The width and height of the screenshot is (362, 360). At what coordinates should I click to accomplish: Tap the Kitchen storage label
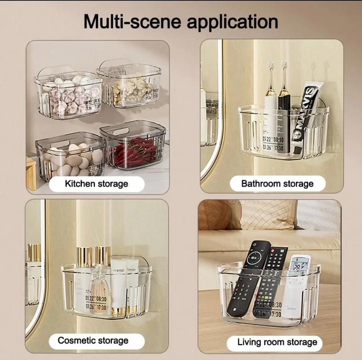[97, 184]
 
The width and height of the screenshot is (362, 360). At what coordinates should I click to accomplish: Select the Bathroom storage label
[277, 184]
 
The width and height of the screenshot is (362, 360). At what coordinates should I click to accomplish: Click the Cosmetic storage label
[93, 341]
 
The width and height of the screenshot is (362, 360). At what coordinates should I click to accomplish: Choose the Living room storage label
[277, 342]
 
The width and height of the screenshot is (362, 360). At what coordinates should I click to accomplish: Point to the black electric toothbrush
[284, 114]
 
